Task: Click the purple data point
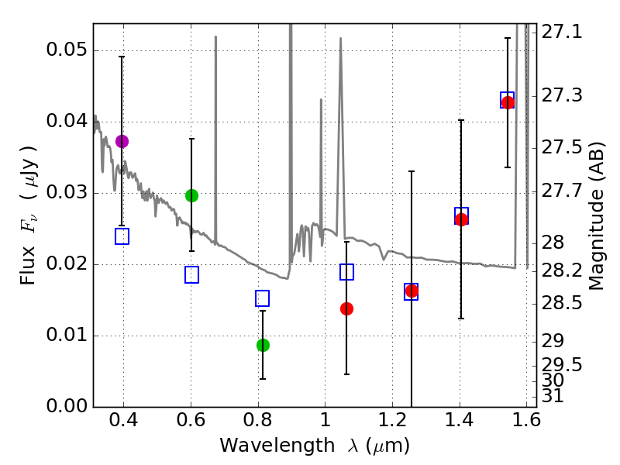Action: pos(122,141)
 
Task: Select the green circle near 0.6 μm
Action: pos(191,195)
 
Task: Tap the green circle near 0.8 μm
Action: pos(263,345)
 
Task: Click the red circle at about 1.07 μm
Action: pos(346,308)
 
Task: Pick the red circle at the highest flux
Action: pos(508,102)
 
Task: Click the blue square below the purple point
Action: pos(122,236)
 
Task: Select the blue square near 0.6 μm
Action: pos(191,274)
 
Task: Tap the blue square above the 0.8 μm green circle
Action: pos(262,298)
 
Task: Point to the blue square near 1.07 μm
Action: pos(346,271)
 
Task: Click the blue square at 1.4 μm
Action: pos(461,215)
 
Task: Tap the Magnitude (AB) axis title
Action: pos(596,215)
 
